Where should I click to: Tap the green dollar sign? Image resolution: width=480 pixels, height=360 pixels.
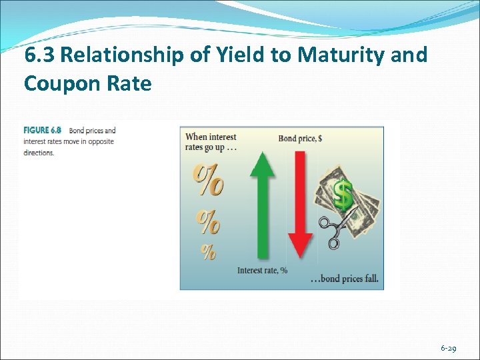pyautogui.click(x=343, y=195)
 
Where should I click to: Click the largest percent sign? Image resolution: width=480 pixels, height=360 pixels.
pyautogui.click(x=209, y=181)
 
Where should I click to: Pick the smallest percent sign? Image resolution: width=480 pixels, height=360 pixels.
pyautogui.click(x=209, y=252)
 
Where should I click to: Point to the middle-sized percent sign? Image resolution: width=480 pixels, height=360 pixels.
pyautogui.click(x=207, y=221)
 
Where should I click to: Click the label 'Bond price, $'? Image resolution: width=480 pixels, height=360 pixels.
pyautogui.click(x=300, y=139)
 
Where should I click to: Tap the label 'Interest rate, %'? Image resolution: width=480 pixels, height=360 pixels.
pyautogui.click(x=262, y=270)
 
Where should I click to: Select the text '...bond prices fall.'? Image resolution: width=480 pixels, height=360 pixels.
pyautogui.click(x=345, y=279)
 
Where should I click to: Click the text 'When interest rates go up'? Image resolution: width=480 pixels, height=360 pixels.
pyautogui.click(x=211, y=142)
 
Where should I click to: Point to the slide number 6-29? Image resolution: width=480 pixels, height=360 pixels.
pyautogui.click(x=448, y=349)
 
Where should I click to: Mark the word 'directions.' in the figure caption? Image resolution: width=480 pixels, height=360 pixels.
pyautogui.click(x=39, y=153)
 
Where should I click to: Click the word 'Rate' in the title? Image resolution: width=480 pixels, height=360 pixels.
pyautogui.click(x=131, y=84)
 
